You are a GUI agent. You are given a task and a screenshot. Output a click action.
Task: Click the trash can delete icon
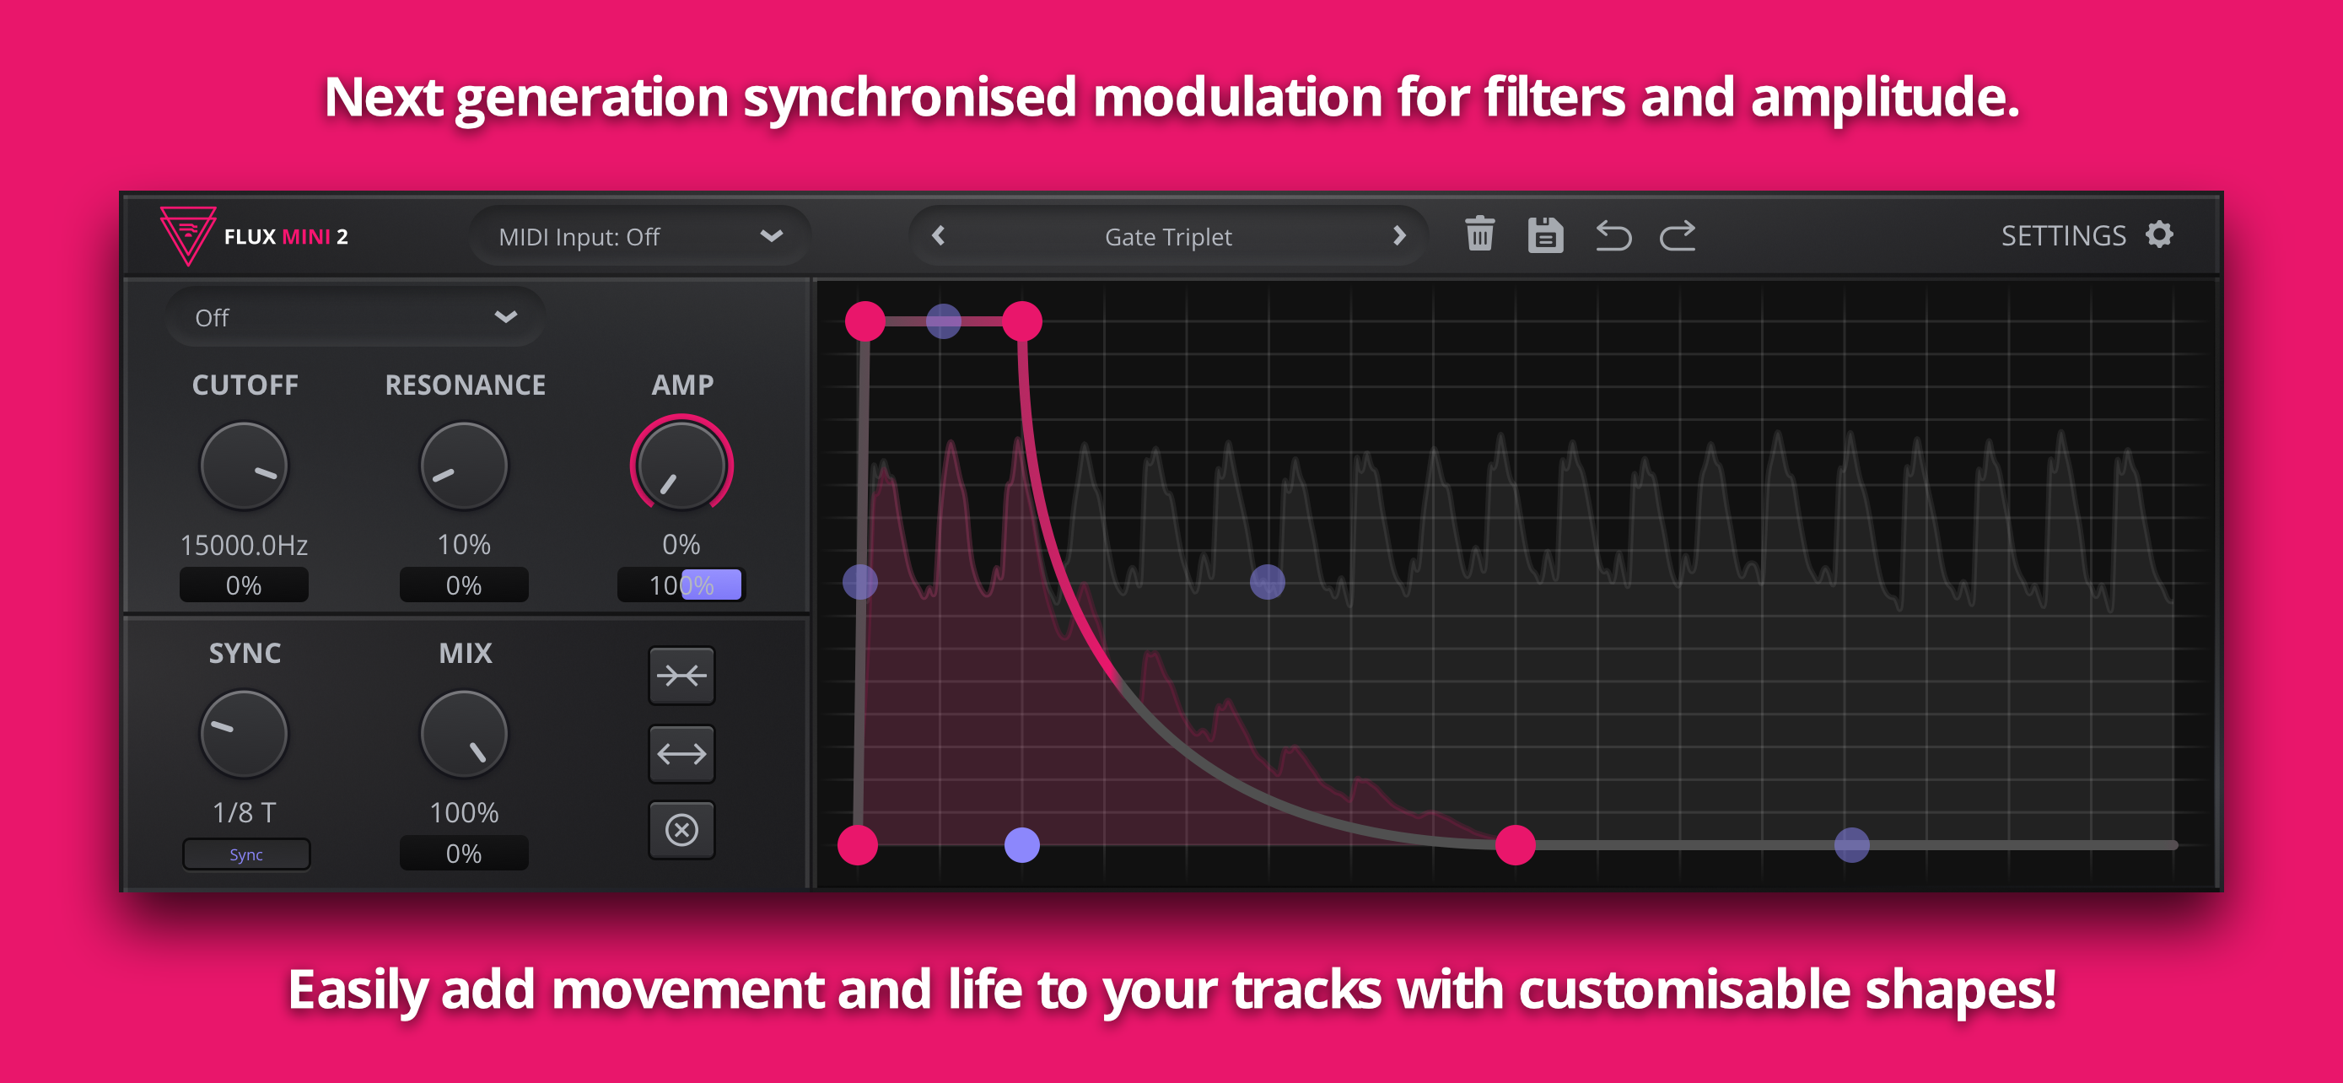pos(1480,234)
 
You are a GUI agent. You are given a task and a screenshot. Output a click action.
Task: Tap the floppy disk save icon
pos(1545,234)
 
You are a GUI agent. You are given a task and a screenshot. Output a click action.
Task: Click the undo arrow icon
pos(1613,235)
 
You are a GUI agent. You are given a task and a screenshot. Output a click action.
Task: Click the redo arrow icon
pos(1678,235)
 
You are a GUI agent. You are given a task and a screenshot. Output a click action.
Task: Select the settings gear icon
pos(2159,234)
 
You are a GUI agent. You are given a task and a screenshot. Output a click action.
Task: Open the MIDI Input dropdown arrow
pos(771,236)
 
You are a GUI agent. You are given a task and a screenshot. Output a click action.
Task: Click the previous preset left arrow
pos(939,235)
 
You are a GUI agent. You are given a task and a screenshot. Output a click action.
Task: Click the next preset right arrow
pos(1399,235)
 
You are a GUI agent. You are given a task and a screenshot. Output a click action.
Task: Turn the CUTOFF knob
pos(244,466)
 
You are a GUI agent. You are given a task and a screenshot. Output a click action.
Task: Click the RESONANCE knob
pos(464,466)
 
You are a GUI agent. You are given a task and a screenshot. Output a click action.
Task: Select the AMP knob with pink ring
pos(681,465)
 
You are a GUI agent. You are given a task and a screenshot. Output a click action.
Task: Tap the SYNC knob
pos(244,734)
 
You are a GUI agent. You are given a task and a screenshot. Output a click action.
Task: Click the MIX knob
pos(464,734)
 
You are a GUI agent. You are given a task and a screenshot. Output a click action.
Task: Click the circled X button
pos(681,829)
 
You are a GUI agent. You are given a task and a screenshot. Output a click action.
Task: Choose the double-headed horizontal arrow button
pos(681,753)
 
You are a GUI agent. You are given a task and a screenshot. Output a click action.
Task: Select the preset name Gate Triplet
pos(1168,236)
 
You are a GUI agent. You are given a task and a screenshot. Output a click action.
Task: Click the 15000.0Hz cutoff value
pos(244,545)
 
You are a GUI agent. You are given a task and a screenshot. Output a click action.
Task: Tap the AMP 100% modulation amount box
pos(681,585)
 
